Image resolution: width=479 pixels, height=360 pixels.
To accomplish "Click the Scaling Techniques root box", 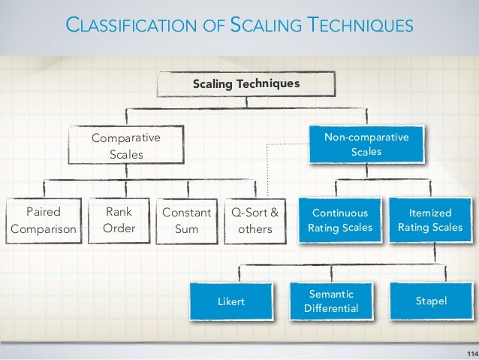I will (x=247, y=84).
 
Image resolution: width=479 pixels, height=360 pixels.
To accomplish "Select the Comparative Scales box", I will (x=126, y=147).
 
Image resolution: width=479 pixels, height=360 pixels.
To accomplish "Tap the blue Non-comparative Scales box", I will (x=366, y=144).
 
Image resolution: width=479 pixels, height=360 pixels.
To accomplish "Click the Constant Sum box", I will (x=186, y=221).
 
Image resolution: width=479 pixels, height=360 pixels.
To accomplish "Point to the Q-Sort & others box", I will (x=255, y=221).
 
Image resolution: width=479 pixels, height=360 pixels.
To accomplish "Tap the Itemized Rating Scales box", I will (x=430, y=220).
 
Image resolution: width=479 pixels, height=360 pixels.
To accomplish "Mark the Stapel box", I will (x=431, y=301).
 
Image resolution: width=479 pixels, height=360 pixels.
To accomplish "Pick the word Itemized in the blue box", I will (x=430, y=213).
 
